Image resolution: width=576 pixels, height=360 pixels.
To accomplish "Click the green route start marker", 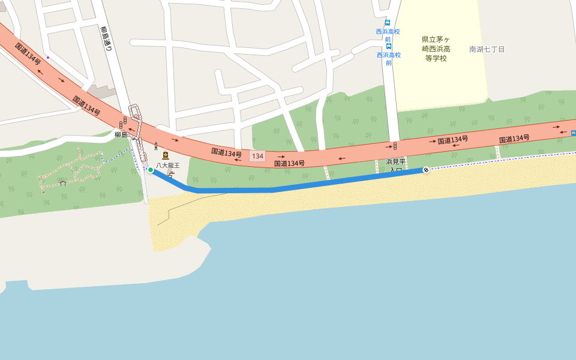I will tap(151, 170).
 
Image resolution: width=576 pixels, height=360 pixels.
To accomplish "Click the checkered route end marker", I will tap(426, 170).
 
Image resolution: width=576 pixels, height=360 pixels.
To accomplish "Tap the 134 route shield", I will tap(257, 156).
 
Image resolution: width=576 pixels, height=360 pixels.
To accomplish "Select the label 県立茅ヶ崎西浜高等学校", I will tap(436, 49).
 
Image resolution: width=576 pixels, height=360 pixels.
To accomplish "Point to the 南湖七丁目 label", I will tap(487, 49).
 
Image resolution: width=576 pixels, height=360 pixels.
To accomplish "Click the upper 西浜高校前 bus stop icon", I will tap(388, 23).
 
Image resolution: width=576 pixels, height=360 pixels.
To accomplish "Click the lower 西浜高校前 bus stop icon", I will tap(389, 46).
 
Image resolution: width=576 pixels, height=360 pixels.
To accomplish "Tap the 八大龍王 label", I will tap(168, 165).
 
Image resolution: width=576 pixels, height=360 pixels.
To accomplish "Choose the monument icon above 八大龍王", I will tap(166, 155).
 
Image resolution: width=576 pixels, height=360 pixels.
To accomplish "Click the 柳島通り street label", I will tap(106, 40).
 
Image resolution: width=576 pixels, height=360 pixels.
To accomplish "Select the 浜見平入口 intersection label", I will tap(396, 166).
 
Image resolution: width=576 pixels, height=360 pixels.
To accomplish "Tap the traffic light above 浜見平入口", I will tap(395, 146).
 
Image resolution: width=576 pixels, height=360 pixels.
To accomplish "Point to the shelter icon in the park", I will tap(62, 182).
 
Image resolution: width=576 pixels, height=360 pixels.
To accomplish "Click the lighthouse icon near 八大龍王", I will tap(156, 145).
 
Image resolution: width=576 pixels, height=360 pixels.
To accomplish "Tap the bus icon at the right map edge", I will tap(573, 133).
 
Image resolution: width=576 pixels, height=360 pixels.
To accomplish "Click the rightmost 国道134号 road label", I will tap(514, 139).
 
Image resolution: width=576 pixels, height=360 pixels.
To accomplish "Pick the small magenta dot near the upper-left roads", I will tap(47, 58).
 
